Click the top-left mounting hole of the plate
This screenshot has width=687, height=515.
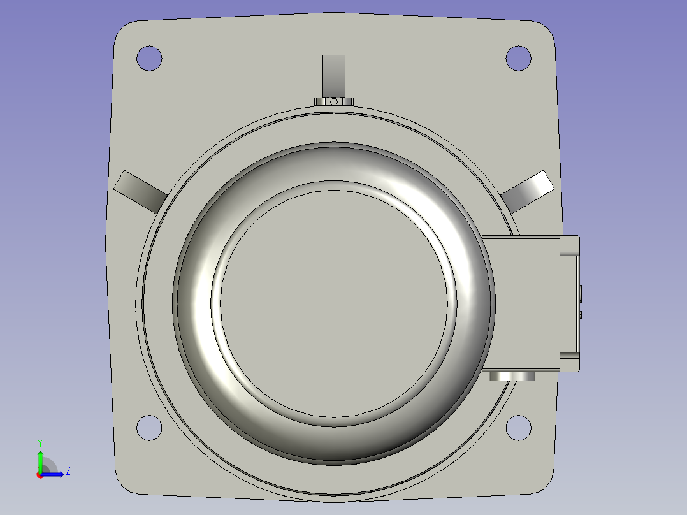click(x=149, y=58)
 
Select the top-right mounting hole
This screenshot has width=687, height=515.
click(x=518, y=58)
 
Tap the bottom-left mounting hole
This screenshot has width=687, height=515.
click(x=149, y=427)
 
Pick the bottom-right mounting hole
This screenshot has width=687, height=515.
click(x=518, y=427)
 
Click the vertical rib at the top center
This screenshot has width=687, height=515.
click(x=333, y=74)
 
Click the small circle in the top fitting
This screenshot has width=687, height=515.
click(x=333, y=101)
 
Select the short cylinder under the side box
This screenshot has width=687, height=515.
click(x=512, y=376)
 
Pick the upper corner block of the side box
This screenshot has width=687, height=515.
click(x=569, y=245)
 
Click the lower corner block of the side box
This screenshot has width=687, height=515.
click(x=569, y=361)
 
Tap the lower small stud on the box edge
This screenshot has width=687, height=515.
click(x=582, y=314)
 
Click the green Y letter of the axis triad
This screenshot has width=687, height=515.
click(x=40, y=442)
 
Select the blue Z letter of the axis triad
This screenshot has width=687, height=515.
click(x=68, y=471)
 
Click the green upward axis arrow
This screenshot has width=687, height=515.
click(x=40, y=459)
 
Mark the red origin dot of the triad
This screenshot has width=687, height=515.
click(x=40, y=474)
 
